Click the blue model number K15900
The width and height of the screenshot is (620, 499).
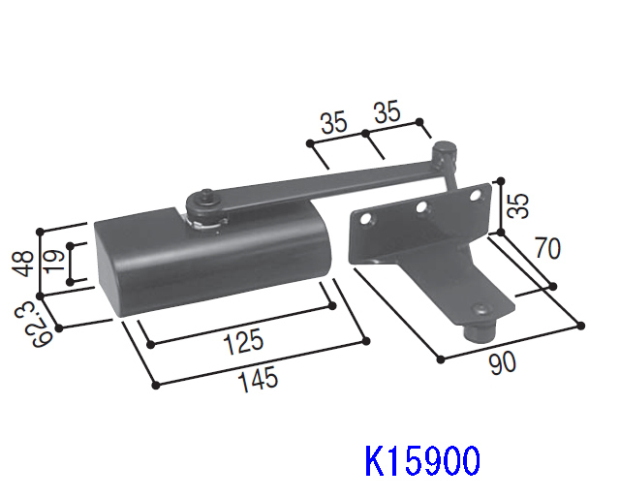421,459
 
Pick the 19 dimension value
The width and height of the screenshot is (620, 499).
56,260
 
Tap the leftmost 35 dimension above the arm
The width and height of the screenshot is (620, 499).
333,122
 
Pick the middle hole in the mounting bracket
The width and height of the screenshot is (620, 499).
421,208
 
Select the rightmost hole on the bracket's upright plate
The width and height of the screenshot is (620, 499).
474,197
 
